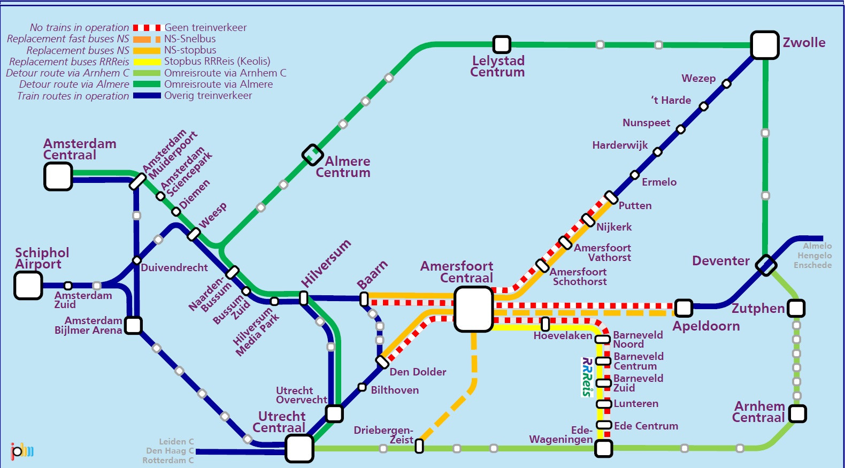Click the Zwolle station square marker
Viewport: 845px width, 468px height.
point(764,45)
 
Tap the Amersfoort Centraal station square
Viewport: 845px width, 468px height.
point(473,309)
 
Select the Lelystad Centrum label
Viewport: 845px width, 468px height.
point(498,67)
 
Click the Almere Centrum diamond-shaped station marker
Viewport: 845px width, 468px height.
point(312,155)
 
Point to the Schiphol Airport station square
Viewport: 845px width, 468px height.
point(28,285)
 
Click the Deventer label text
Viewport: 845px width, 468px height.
point(720,261)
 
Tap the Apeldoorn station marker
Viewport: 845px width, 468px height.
point(683,308)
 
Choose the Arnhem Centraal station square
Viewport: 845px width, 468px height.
point(797,413)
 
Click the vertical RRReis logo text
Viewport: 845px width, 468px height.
point(587,377)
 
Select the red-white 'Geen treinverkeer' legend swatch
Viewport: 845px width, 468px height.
point(147,27)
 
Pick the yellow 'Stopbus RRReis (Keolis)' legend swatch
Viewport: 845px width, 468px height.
point(147,62)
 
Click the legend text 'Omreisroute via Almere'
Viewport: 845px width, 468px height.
point(218,85)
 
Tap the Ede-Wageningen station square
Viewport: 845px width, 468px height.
point(604,448)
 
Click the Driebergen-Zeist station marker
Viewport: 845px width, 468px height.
point(419,446)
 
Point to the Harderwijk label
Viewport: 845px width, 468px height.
point(619,145)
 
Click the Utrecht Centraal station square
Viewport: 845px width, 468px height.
point(299,448)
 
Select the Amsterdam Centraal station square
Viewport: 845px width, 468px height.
point(58,177)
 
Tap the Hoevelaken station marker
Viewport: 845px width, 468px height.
point(545,324)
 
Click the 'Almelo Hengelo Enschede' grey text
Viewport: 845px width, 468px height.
point(813,256)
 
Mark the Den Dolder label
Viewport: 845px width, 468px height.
point(418,372)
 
